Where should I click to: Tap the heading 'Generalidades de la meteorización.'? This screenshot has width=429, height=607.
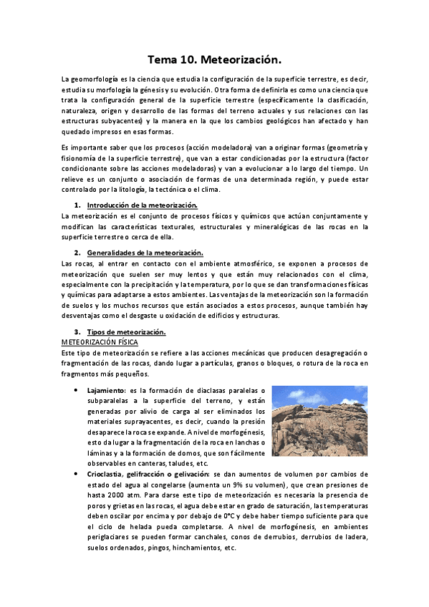pos(145,253)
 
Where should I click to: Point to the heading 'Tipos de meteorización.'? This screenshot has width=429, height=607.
pos(126,332)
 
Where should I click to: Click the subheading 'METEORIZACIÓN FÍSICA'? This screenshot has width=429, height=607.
pos(100,343)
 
